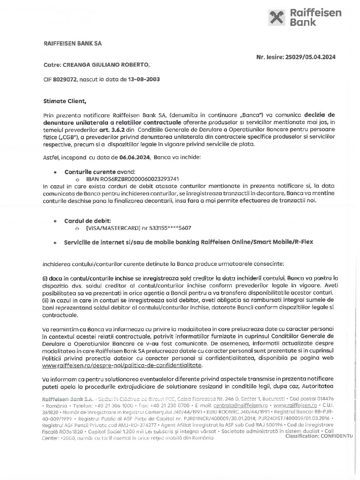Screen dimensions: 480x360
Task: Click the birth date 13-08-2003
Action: [143, 79]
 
